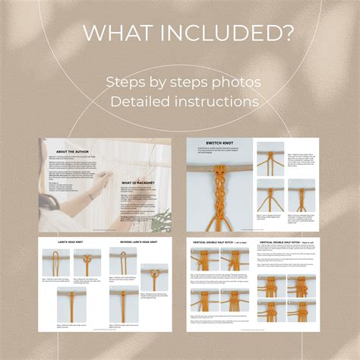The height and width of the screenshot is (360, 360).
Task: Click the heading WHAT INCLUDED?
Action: click(179, 33)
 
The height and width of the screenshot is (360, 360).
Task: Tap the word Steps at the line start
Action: click(128, 81)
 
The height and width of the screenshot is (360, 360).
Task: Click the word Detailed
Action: click(143, 101)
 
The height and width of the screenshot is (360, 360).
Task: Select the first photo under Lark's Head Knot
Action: click(55, 263)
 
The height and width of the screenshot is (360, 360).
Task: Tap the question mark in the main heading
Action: click(287, 33)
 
